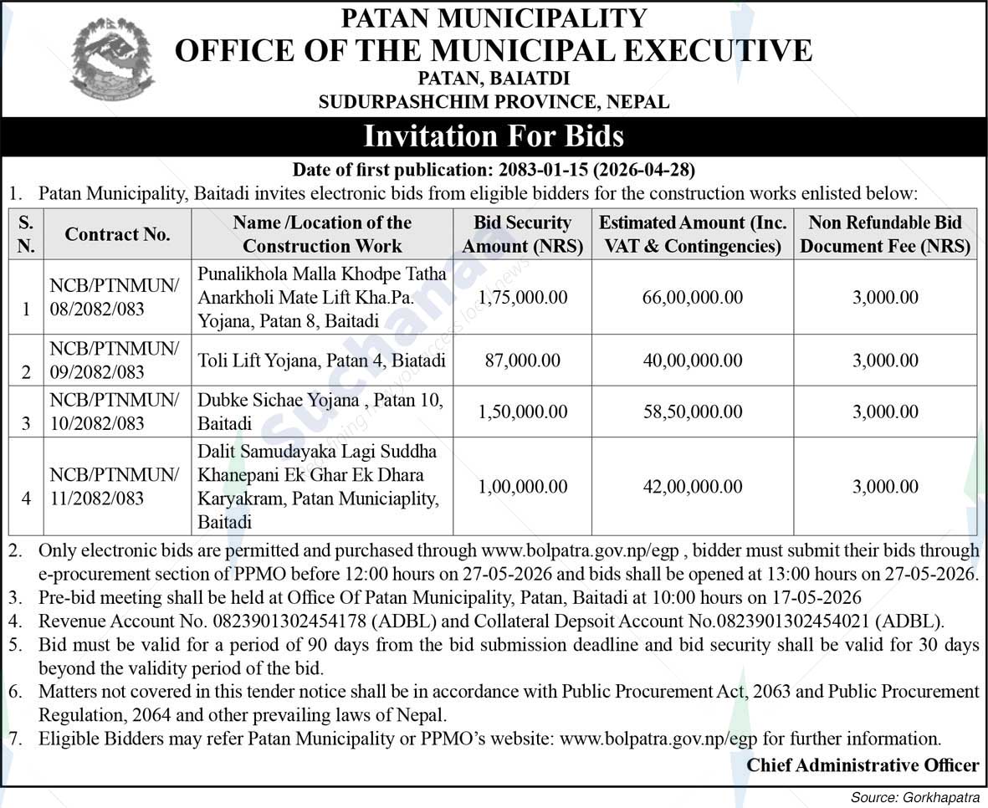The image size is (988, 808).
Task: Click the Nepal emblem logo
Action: click(x=112, y=59)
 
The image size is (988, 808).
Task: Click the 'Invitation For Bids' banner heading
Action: click(x=494, y=135)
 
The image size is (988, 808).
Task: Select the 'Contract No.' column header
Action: click(x=117, y=235)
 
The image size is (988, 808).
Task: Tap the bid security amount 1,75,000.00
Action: click(x=523, y=297)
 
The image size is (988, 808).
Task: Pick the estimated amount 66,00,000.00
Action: click(x=693, y=297)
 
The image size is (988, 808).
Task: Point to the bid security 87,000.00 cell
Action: click(x=523, y=361)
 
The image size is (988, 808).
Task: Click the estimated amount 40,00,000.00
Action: click(x=693, y=361)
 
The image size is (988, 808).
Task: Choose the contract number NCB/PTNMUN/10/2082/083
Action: click(x=114, y=412)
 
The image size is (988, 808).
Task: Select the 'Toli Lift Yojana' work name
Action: click(x=321, y=361)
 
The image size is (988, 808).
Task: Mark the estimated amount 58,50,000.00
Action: click(x=693, y=412)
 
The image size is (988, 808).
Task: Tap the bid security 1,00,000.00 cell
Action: click(x=523, y=487)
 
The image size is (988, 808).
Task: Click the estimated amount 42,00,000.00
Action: click(x=693, y=487)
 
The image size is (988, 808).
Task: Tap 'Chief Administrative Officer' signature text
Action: click(x=863, y=765)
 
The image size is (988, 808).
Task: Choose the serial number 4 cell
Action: click(x=26, y=499)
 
